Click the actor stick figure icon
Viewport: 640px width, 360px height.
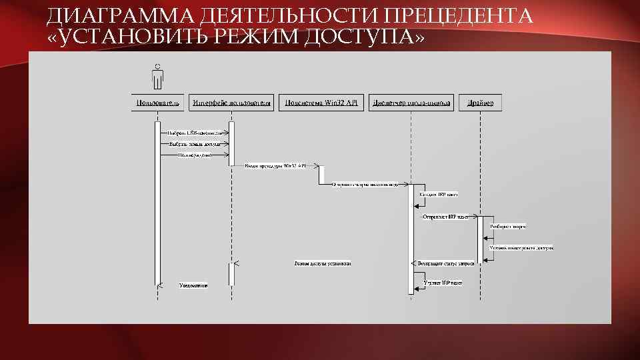point(157,77)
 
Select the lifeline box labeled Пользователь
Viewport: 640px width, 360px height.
point(158,103)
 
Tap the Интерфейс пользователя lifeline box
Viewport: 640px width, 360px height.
point(232,103)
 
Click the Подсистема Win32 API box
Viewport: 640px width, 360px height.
point(321,103)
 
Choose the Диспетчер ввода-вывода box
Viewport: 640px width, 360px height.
point(411,103)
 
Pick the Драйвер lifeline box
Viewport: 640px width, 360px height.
point(480,103)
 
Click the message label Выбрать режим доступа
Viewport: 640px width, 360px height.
point(195,143)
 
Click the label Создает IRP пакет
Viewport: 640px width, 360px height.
point(439,195)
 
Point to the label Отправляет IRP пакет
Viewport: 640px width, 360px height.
point(446,217)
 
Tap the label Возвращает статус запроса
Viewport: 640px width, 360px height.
point(446,263)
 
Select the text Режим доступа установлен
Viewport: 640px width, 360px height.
point(323,263)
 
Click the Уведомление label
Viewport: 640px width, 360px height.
point(193,285)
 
